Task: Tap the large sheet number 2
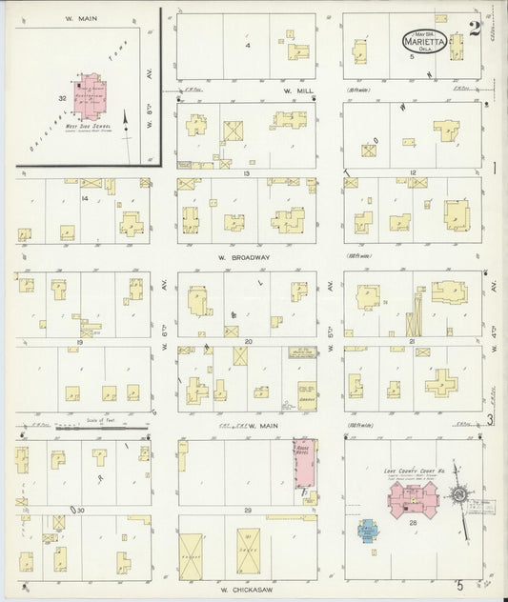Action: click(x=473, y=28)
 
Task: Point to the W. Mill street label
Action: click(x=293, y=91)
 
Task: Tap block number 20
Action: click(x=247, y=340)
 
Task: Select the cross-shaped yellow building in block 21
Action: click(x=442, y=382)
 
